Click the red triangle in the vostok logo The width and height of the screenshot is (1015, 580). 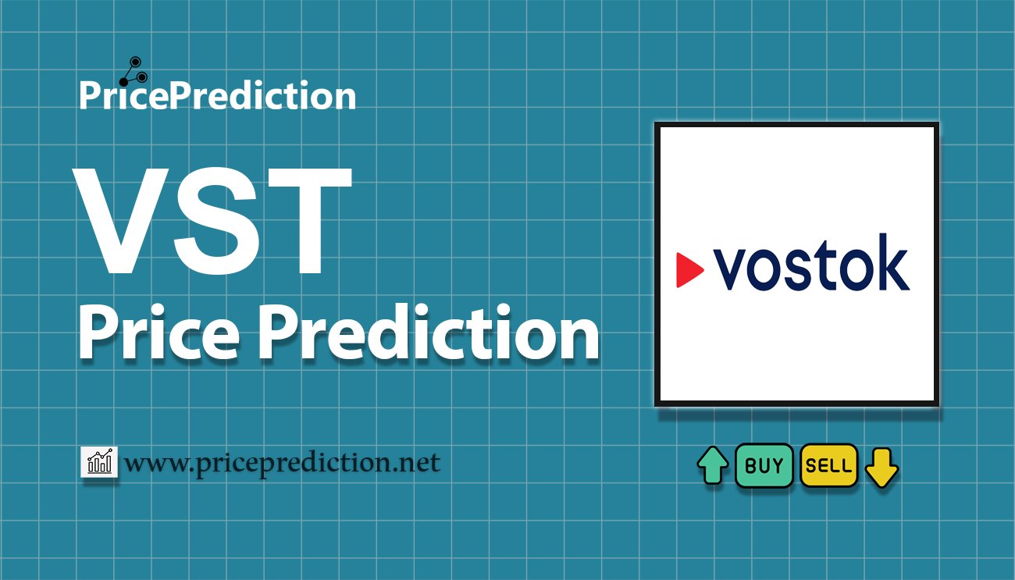[688, 269]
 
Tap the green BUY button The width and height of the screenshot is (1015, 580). [764, 466]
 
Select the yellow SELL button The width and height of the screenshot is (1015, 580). [828, 466]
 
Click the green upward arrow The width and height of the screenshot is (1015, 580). [712, 466]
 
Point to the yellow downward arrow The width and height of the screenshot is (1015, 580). [881, 467]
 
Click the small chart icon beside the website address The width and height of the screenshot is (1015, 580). [99, 462]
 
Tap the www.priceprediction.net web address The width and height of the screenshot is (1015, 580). [283, 464]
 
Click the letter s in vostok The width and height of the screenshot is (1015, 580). [800, 270]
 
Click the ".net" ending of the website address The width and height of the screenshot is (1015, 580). [418, 464]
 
